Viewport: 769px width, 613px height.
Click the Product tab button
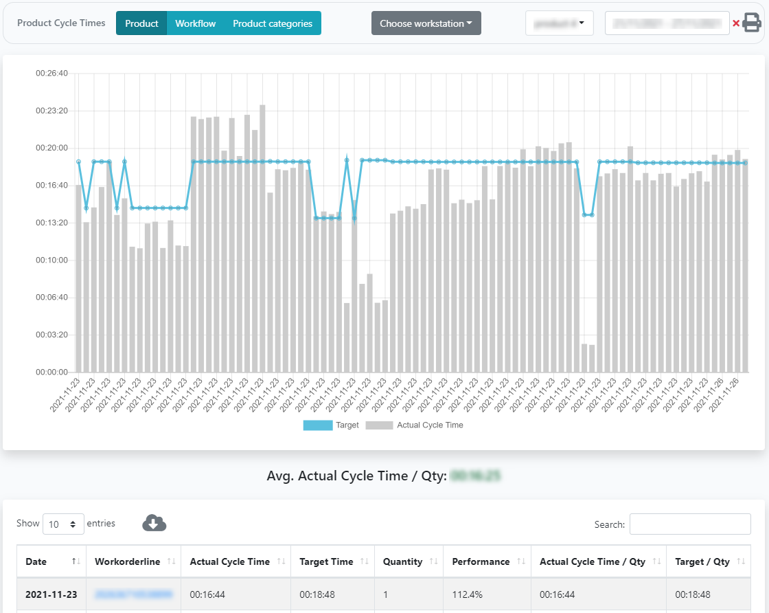[141, 23]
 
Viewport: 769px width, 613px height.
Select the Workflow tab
[195, 23]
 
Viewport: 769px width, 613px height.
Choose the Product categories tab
[272, 23]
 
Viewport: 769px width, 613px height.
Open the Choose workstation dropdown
[426, 23]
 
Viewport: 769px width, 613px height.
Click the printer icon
[752, 23]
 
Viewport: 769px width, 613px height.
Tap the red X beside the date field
[736, 23]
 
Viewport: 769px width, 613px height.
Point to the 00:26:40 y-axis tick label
[51, 74]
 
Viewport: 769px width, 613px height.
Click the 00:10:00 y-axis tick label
[51, 260]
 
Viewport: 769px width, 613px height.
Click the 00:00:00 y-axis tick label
[51, 372]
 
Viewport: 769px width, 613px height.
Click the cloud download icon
[154, 524]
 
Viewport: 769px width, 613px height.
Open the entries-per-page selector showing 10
[63, 524]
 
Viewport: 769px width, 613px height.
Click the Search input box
[689, 524]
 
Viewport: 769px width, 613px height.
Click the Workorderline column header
[127, 561]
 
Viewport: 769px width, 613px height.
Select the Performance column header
[481, 561]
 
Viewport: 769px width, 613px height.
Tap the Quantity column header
[402, 561]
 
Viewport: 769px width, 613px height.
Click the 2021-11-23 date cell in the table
[51, 594]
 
